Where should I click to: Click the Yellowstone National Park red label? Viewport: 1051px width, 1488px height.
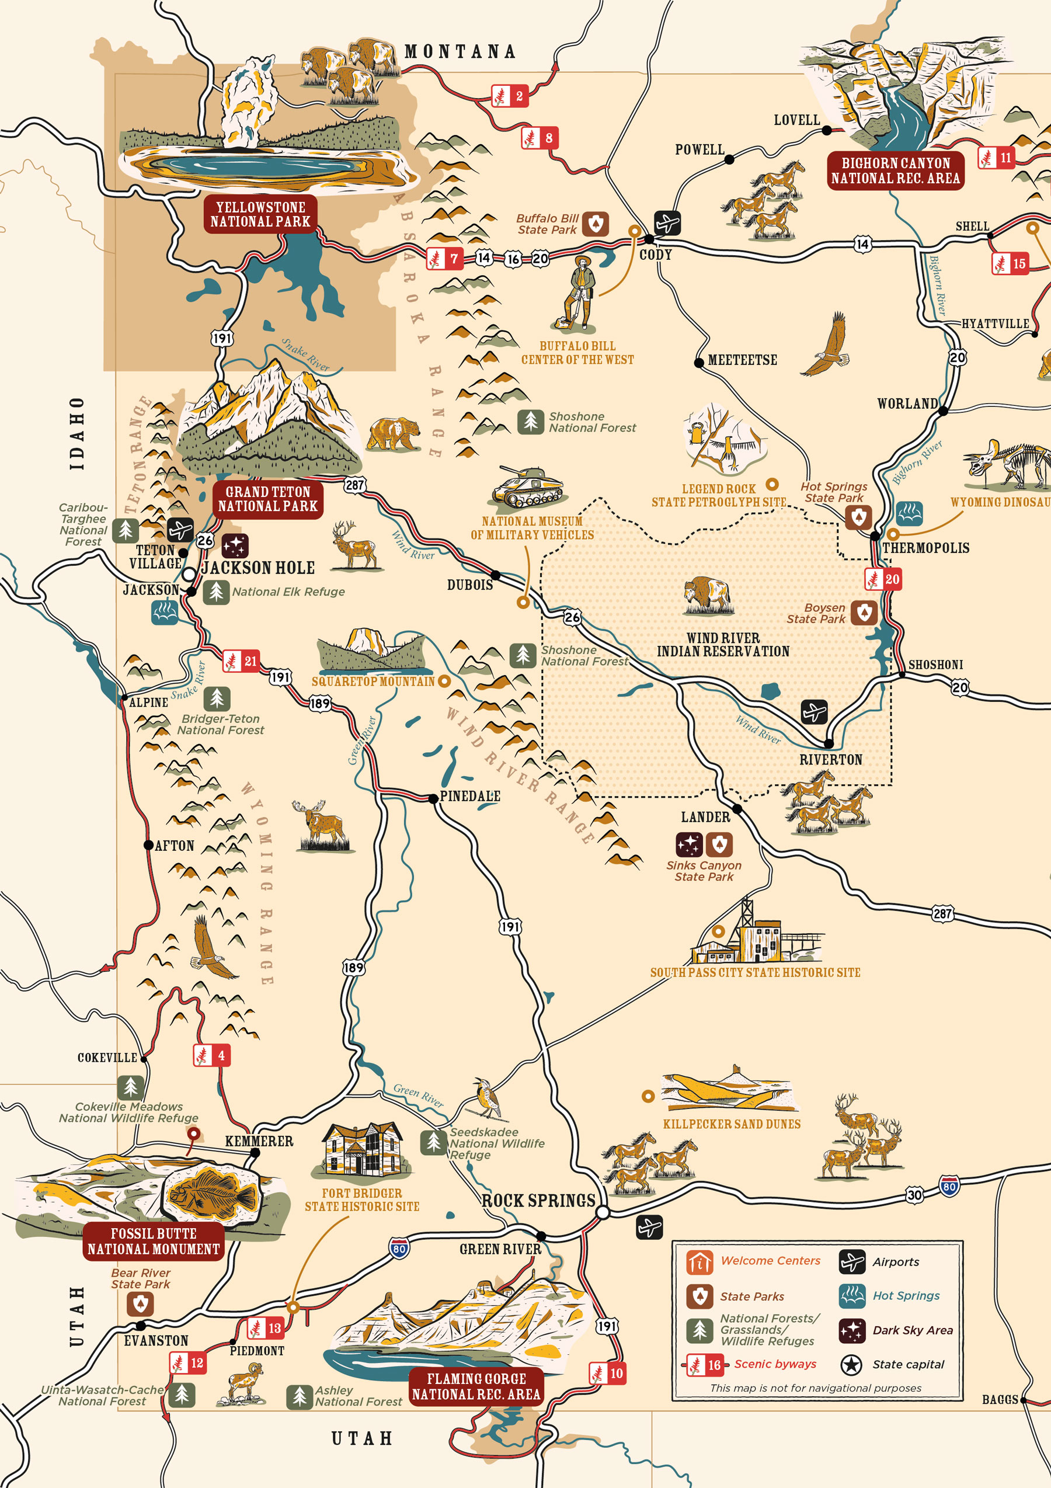coord(260,214)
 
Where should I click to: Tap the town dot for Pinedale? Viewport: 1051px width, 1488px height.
coord(433,798)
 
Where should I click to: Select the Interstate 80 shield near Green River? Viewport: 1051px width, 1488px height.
coord(399,1249)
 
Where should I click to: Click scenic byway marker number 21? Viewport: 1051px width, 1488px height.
coord(242,661)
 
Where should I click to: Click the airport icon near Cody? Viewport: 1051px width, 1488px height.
coord(667,224)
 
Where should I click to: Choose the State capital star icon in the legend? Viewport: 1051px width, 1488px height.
coord(851,1364)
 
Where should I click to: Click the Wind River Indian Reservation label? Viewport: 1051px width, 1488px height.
coord(723,645)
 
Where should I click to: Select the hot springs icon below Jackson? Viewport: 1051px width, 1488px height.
coord(165,612)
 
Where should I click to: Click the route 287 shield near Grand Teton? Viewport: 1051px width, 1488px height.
coord(354,485)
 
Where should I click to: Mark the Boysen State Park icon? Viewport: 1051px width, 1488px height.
coord(864,613)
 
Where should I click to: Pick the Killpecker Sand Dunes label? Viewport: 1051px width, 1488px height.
coord(732,1124)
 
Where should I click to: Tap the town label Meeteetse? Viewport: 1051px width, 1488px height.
coord(742,360)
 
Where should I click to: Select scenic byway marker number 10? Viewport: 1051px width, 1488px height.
coord(608,1372)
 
